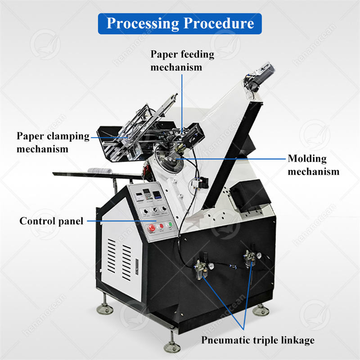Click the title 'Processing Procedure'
coord(180,23)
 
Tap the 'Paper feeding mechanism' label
coord(182,61)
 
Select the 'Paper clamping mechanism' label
coord(53,142)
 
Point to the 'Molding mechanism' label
coord(314,165)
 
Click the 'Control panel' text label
coord(51,221)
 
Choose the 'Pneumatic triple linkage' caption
coord(257,340)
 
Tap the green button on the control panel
coord(169,225)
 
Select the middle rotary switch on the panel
coord(154,210)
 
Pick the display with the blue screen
coord(157,195)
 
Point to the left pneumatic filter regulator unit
coord(201,269)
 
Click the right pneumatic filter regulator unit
coord(250,260)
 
